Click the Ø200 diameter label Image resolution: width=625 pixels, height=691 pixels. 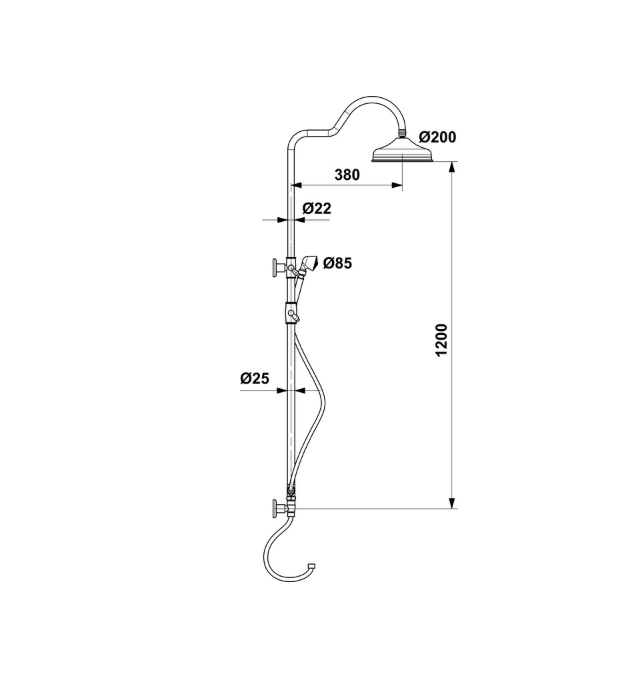[438, 137]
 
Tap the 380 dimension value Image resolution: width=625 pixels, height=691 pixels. [347, 175]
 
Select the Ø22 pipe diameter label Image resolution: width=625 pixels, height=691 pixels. [316, 208]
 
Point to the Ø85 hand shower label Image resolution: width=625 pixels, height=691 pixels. [338, 264]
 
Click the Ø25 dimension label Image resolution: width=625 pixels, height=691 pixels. [255, 378]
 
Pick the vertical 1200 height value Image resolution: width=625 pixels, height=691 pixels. [441, 340]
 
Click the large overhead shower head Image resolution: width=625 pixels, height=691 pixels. [403, 150]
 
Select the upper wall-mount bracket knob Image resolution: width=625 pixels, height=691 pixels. [279, 268]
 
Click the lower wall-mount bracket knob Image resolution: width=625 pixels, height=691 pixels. [279, 508]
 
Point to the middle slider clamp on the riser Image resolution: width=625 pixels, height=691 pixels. [291, 312]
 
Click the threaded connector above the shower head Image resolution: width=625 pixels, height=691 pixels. [402, 132]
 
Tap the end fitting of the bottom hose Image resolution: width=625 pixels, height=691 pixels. [312, 565]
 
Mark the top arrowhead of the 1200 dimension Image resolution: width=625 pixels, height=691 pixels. [452, 168]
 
